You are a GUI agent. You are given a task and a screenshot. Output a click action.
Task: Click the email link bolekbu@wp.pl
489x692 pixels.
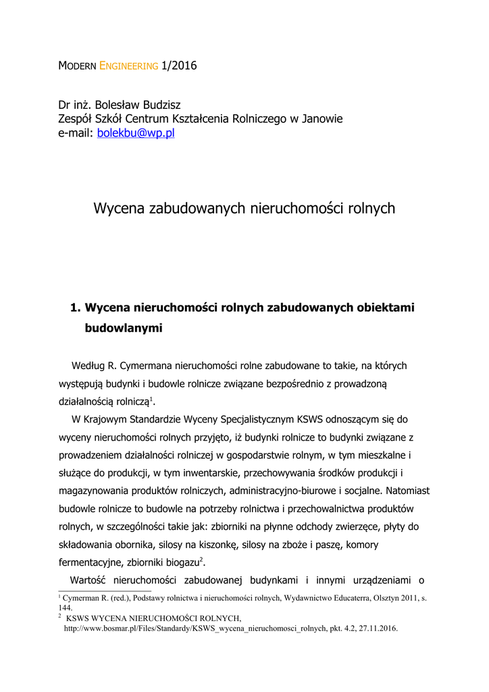pos(136,133)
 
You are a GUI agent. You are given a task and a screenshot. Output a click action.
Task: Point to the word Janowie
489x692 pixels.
pos(321,119)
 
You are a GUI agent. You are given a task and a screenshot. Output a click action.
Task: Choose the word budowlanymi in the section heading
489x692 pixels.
pos(124,328)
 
